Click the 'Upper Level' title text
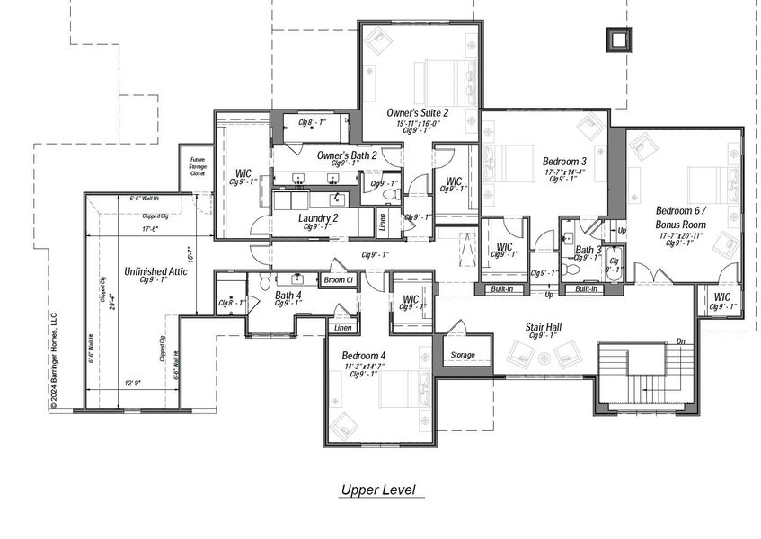pos(376,490)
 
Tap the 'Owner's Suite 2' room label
pos(418,112)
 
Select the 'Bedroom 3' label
pos(564,161)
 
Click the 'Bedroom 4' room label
pos(364,356)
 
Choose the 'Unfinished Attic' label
pos(155,271)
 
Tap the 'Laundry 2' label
pos(318,217)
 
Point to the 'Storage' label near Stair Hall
pos(463,355)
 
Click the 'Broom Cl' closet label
pos(339,280)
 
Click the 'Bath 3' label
pos(588,250)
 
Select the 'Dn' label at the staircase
pos(680,340)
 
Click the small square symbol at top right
pos(615,40)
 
